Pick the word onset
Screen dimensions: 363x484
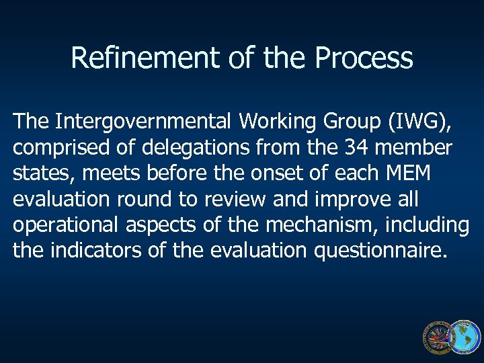260,173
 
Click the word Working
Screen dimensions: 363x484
276,122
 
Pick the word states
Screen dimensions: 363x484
42,173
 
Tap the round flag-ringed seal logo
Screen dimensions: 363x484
438,337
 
